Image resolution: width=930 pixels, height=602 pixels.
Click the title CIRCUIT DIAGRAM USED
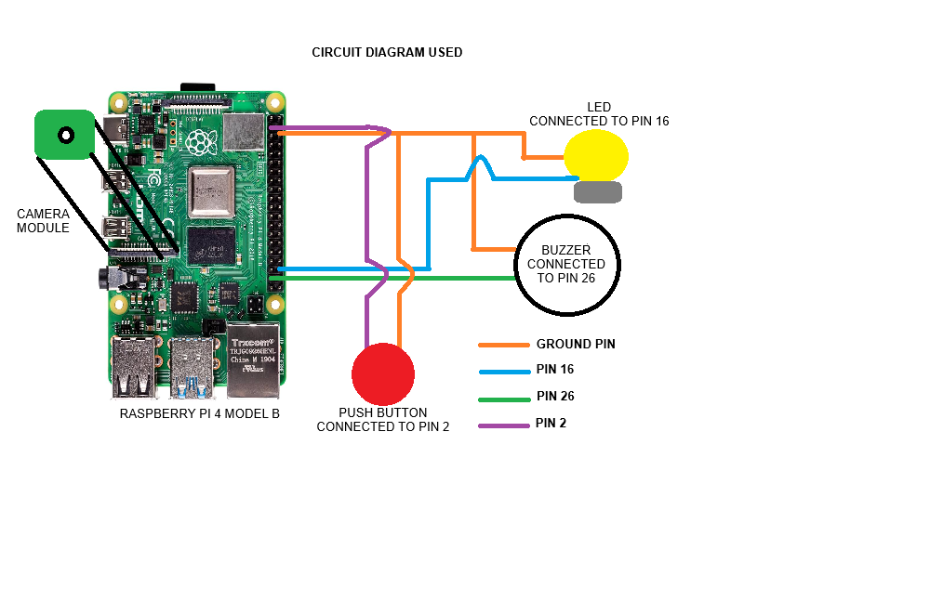[x=387, y=53]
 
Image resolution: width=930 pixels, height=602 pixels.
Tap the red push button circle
[x=382, y=374]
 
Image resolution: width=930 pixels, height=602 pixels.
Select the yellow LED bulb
[x=596, y=155]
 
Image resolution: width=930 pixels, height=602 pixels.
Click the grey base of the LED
[x=597, y=192]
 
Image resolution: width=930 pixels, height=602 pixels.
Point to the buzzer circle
[x=567, y=264]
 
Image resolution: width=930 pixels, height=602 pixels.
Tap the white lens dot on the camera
[x=66, y=136]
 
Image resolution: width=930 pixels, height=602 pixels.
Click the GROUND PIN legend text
[x=576, y=344]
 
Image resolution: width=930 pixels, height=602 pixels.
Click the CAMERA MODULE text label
[x=43, y=220]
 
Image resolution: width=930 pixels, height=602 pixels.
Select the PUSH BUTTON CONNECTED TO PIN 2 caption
[x=383, y=420]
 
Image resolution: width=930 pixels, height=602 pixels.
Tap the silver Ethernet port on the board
[x=253, y=357]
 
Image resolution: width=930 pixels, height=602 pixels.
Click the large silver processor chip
[x=208, y=193]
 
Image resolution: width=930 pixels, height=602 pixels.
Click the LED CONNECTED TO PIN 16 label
[x=599, y=114]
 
